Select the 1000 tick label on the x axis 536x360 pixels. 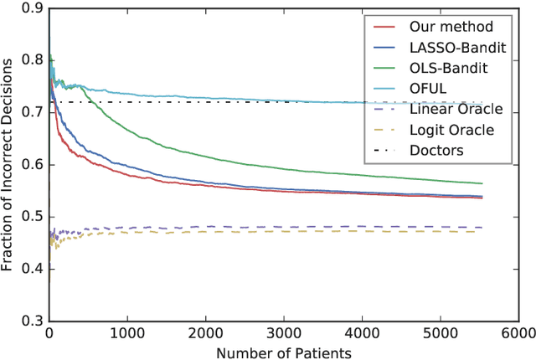[127, 333]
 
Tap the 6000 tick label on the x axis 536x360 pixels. [517, 333]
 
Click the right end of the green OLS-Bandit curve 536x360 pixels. [482, 183]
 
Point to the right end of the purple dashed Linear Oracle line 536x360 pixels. [482, 228]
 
